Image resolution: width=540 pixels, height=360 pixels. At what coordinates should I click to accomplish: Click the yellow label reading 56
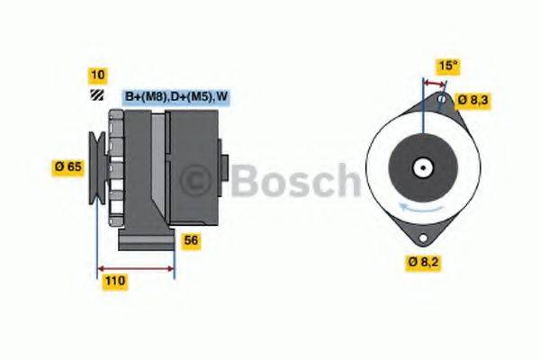click(191, 240)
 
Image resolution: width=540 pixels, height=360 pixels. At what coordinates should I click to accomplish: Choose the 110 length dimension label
click(113, 281)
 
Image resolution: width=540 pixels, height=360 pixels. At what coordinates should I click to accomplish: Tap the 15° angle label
click(446, 66)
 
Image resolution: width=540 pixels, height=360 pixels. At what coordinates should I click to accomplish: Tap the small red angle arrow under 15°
click(434, 83)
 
